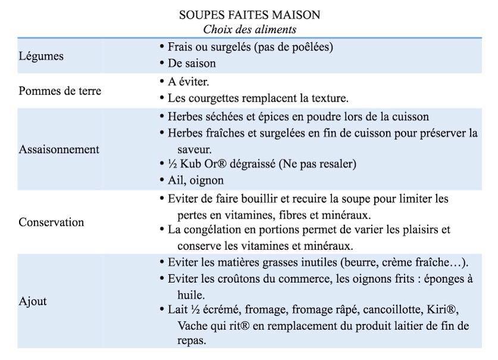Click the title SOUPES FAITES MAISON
(x=249, y=14)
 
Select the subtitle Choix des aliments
(x=249, y=29)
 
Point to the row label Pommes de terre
(x=59, y=91)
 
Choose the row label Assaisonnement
(x=59, y=149)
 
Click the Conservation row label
(x=51, y=222)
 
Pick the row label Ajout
(x=33, y=301)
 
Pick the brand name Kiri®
(x=444, y=310)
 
